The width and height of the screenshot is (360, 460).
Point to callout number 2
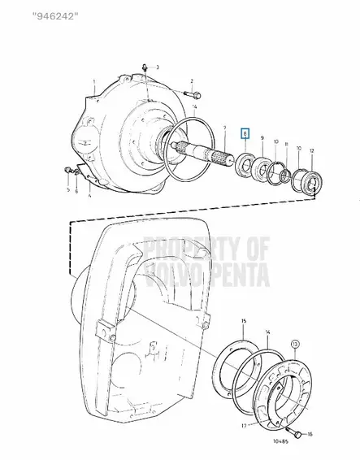(x=192, y=81)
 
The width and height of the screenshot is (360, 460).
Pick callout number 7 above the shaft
(x=225, y=128)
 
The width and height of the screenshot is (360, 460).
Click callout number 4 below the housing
(x=89, y=197)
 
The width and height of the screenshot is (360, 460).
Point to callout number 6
(x=76, y=192)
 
